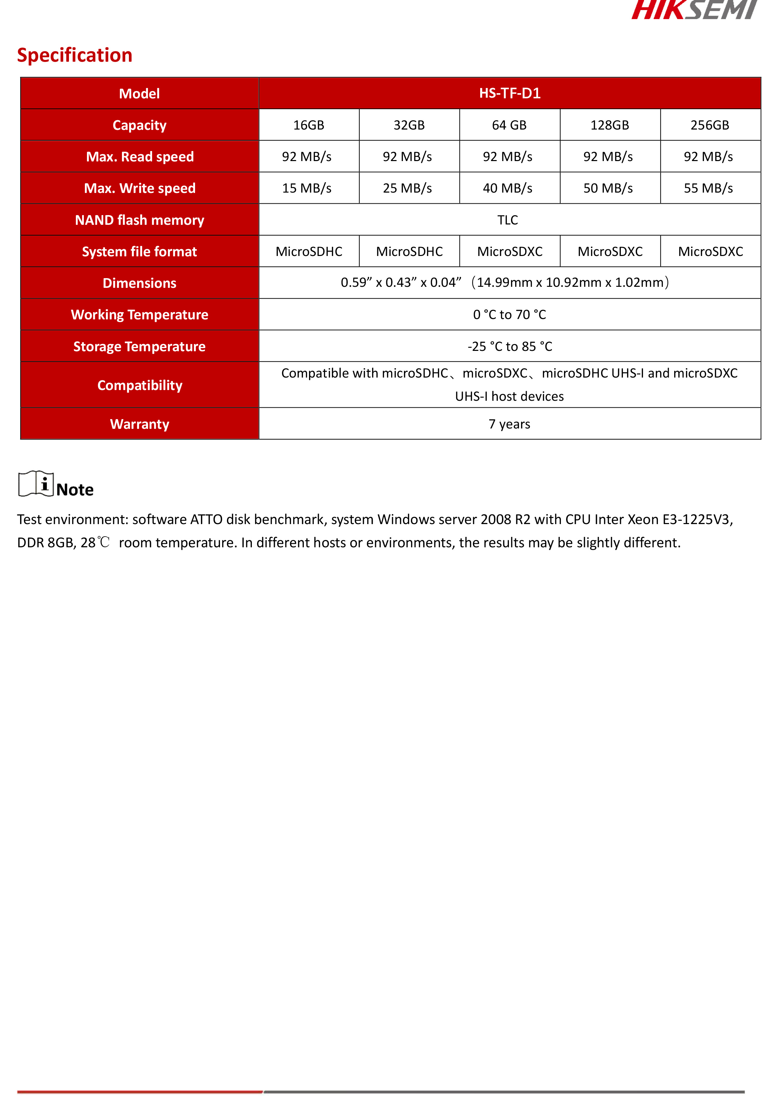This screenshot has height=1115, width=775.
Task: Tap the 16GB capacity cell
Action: (x=308, y=125)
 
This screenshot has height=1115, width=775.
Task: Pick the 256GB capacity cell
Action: (x=710, y=125)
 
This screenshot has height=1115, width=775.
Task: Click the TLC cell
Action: (x=508, y=220)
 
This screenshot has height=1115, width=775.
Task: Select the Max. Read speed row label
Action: (x=140, y=157)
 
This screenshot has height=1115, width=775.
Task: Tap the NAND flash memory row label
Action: (x=140, y=220)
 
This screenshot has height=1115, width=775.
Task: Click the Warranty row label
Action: (x=140, y=424)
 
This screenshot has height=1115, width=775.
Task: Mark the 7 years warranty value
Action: (x=509, y=424)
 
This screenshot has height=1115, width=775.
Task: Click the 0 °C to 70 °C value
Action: (x=509, y=315)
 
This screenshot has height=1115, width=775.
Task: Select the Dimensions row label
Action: (x=140, y=283)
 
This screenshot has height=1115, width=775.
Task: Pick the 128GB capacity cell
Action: (x=609, y=125)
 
